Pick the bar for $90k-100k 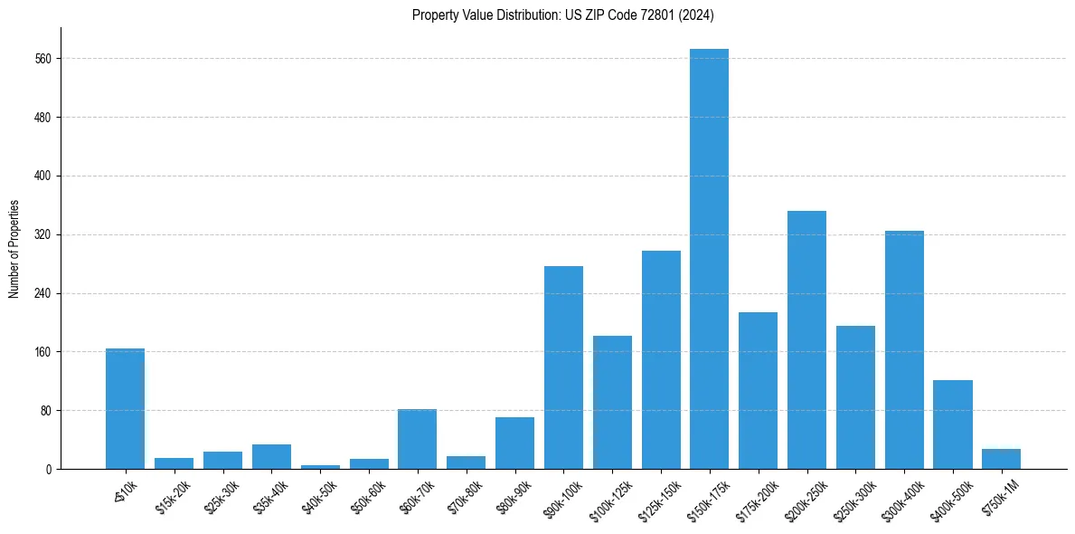[x=563, y=367]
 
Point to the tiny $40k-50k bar [x=320, y=467]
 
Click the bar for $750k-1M [x=1001, y=459]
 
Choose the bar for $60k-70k [x=417, y=439]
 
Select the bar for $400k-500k [x=952, y=424]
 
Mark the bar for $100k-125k [x=612, y=402]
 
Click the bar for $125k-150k [x=661, y=359]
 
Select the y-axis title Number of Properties [x=14, y=249]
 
